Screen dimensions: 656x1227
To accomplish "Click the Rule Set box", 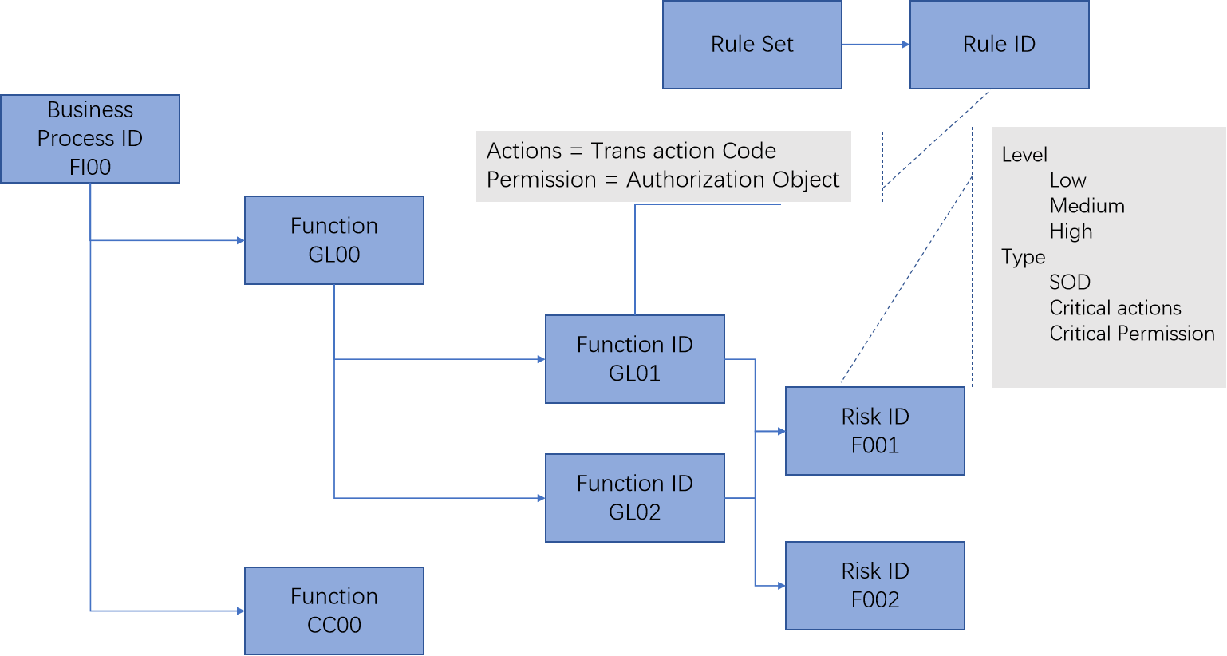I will (752, 45).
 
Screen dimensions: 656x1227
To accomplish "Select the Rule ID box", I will (999, 45).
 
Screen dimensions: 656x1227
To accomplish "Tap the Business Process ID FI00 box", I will (90, 139).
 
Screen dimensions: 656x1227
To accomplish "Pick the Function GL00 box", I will (333, 240).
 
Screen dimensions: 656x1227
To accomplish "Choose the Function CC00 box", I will (333, 611).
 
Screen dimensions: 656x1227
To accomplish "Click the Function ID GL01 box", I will (634, 359).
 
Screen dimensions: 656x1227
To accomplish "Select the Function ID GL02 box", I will (634, 498).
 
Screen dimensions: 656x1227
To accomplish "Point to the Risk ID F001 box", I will (874, 431).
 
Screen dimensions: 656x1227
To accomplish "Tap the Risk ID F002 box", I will (874, 586).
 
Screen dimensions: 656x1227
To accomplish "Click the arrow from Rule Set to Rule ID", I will (875, 45).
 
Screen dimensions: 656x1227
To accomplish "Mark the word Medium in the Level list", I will (1087, 206).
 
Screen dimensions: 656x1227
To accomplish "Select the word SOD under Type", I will (1069, 283).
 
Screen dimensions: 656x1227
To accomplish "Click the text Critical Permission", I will (1131, 334).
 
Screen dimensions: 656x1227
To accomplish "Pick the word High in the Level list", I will (1071, 231).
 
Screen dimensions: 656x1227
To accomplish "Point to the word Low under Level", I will (1067, 180).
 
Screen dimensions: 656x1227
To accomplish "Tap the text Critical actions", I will (1115, 308).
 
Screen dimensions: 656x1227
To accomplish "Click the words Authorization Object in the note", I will (732, 180).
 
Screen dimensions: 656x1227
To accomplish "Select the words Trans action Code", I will (683, 151).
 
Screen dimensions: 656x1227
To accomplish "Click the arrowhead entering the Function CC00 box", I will (240, 611).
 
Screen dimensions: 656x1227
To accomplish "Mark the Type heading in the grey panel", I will (1023, 257).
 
